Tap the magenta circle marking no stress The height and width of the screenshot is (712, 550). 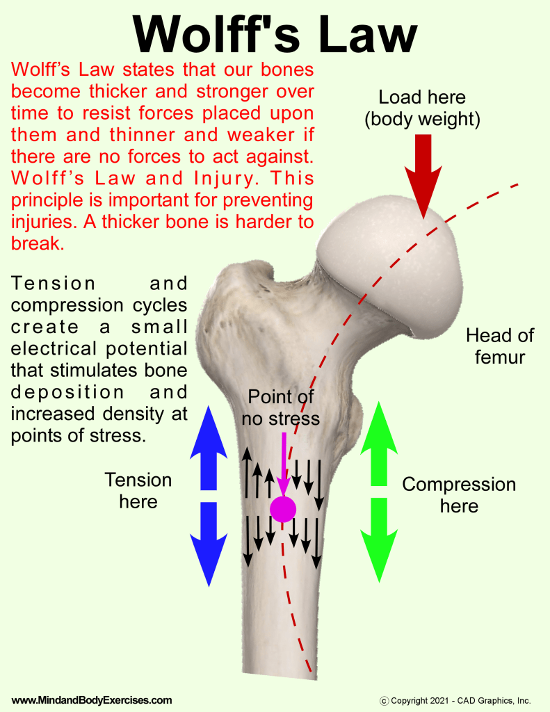283,509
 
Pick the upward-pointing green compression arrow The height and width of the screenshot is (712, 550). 378,445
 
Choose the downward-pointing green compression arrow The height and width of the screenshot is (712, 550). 378,539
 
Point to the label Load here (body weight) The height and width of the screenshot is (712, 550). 422,108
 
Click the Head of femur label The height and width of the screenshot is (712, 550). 499,346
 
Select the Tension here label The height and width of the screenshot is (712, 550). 138,490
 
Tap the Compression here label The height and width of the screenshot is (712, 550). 459,494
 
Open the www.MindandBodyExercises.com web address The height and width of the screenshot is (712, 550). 92,700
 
